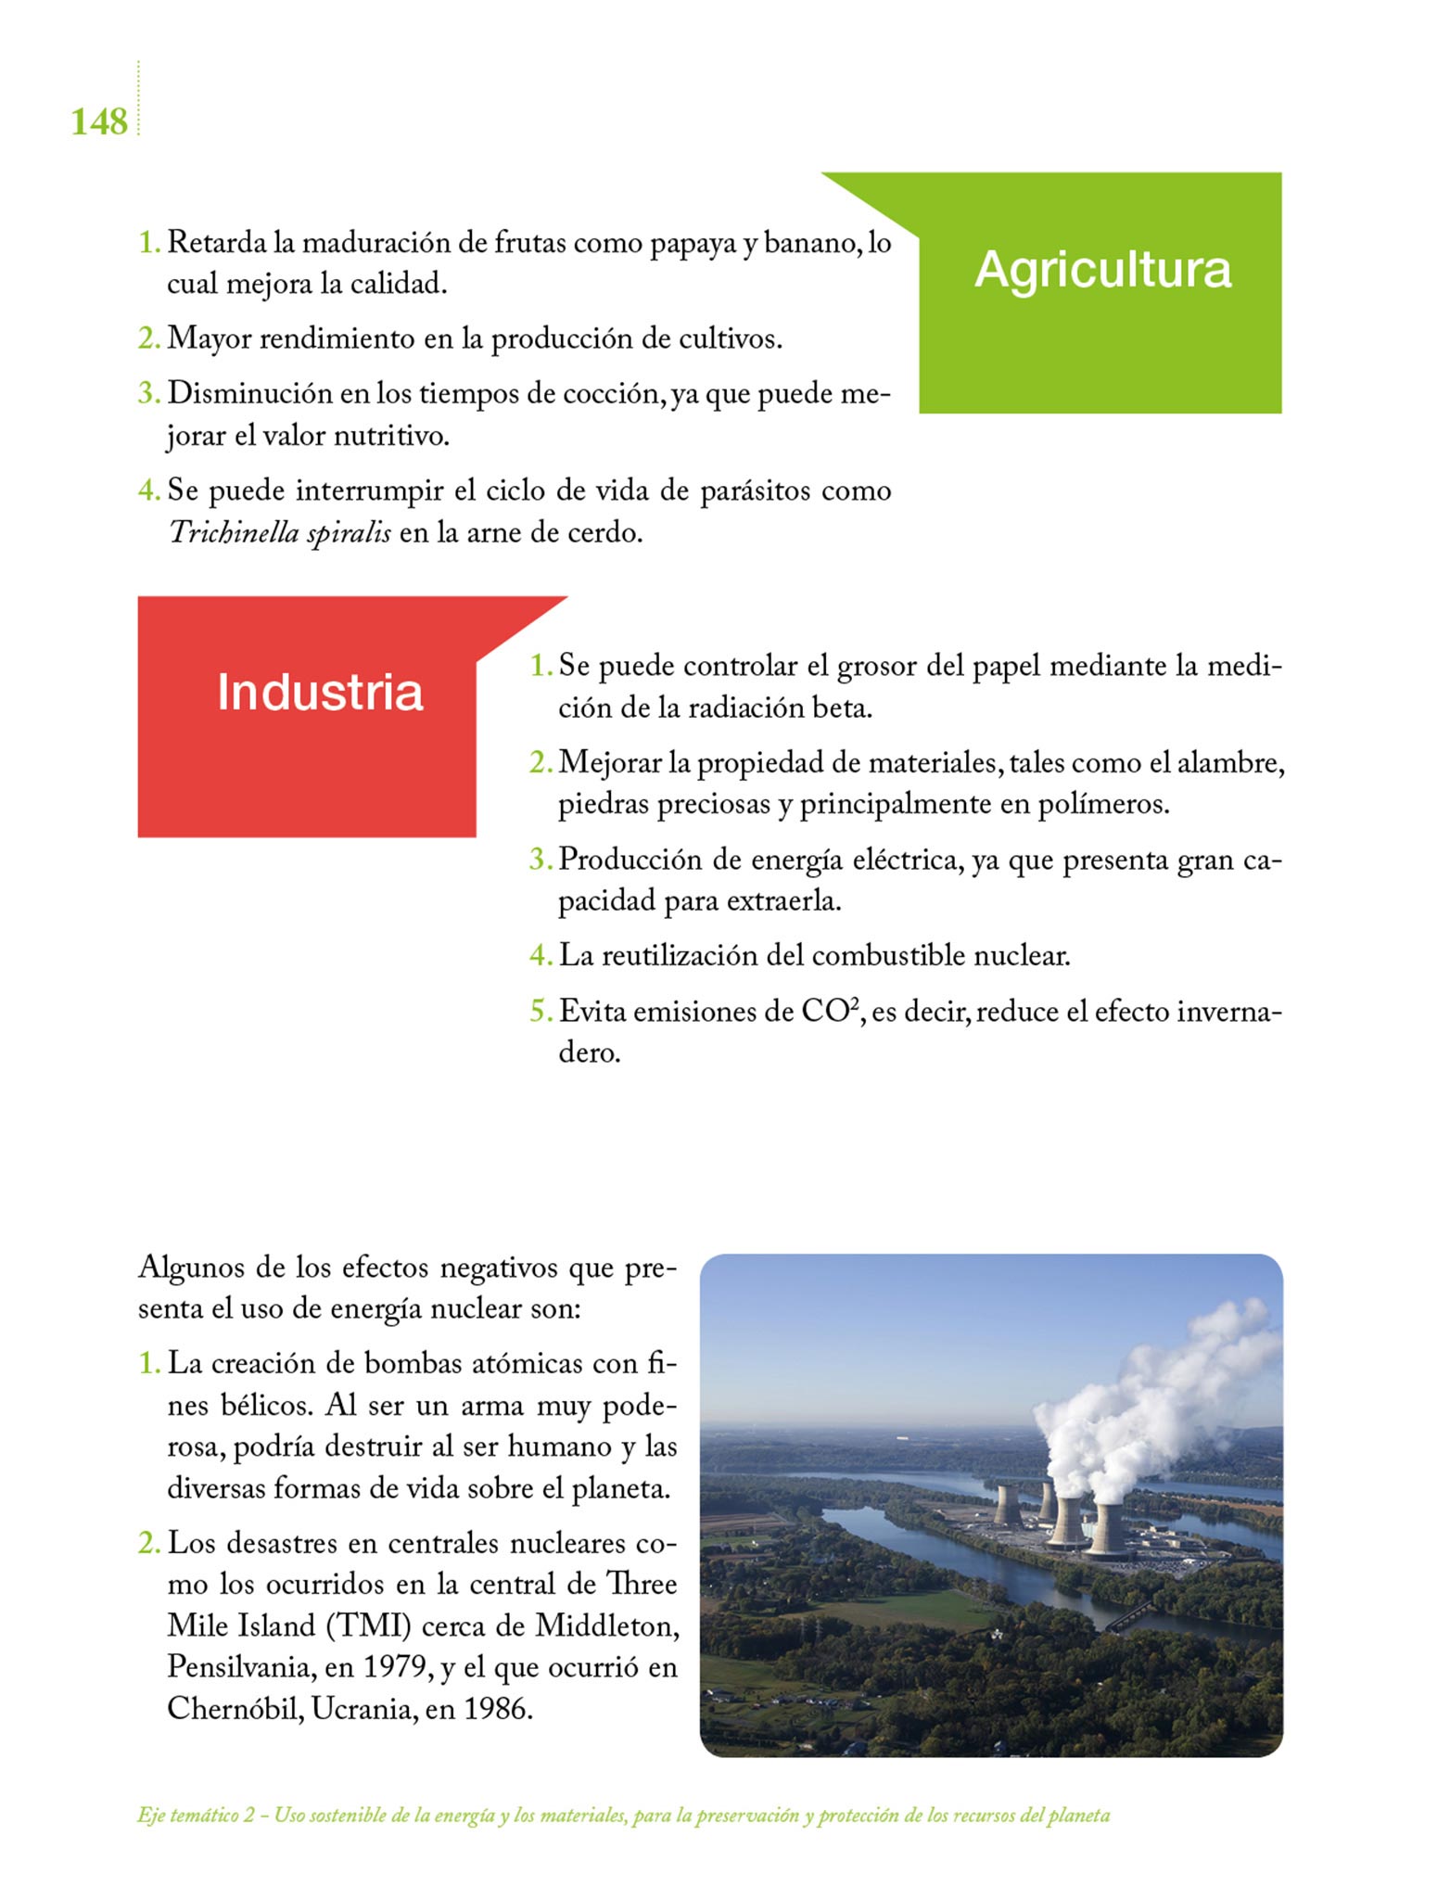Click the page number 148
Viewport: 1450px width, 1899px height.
click(x=99, y=121)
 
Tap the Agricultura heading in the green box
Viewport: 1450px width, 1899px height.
click(x=1102, y=270)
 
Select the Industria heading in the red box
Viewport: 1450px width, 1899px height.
click(x=320, y=692)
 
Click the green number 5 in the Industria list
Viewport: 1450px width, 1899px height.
click(x=539, y=1012)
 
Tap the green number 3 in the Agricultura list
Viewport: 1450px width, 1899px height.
click(x=147, y=393)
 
